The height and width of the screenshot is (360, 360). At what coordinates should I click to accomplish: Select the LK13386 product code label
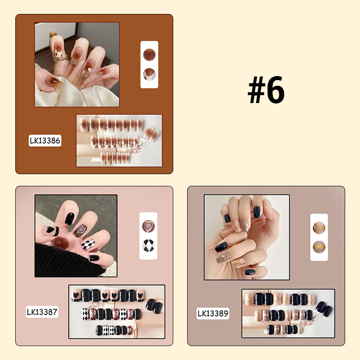[45, 140]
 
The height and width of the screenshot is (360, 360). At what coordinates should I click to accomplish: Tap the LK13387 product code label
[42, 311]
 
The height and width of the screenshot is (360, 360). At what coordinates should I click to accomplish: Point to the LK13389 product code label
[212, 313]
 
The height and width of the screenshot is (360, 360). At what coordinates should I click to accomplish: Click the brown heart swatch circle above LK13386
[149, 54]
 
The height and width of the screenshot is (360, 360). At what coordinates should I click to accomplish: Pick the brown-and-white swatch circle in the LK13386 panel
[149, 74]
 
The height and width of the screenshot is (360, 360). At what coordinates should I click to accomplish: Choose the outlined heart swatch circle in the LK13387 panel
[148, 225]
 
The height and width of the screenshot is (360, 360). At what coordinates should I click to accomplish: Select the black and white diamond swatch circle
[148, 246]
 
